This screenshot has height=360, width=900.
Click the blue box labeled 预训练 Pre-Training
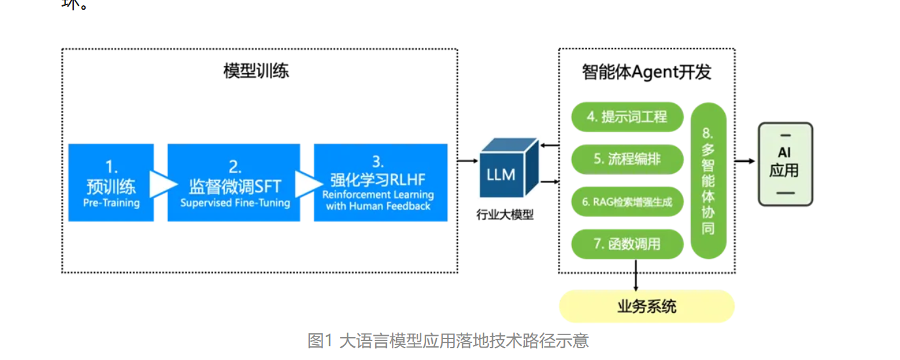pyautogui.click(x=111, y=182)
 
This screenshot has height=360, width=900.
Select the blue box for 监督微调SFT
pyautogui.click(x=234, y=182)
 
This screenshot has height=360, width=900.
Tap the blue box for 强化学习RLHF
pyautogui.click(x=380, y=182)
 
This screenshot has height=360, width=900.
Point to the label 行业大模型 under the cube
pyautogui.click(x=505, y=214)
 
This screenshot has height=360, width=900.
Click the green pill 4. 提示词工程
pyautogui.click(x=627, y=117)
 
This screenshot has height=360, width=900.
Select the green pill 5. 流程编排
pyautogui.click(x=627, y=159)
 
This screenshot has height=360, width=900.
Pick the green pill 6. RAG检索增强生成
pyautogui.click(x=627, y=202)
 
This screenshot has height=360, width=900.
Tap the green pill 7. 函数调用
pyautogui.click(x=627, y=244)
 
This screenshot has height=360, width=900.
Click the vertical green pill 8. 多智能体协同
pyautogui.click(x=708, y=180)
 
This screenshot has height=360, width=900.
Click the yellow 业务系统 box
pyautogui.click(x=647, y=306)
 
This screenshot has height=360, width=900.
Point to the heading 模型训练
pyautogui.click(x=256, y=71)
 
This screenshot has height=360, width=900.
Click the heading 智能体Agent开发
pyautogui.click(x=646, y=72)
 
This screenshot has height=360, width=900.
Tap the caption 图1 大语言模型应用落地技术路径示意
pyautogui.click(x=448, y=340)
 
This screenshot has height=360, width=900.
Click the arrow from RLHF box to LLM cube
pyautogui.click(x=467, y=160)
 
